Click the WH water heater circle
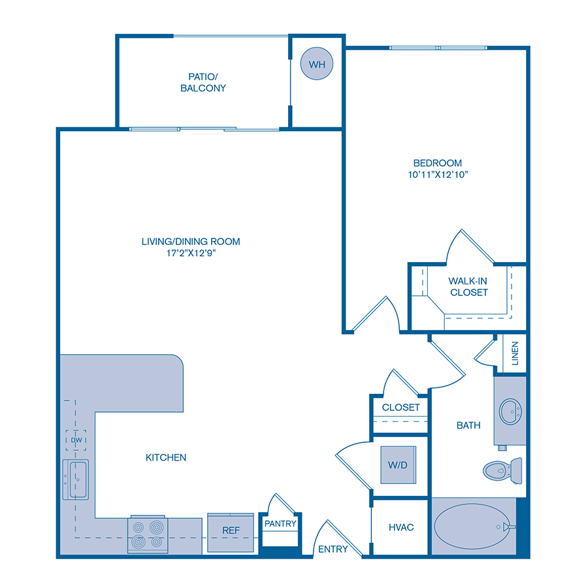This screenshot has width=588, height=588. click(x=316, y=64)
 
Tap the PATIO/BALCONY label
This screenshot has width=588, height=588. click(x=203, y=82)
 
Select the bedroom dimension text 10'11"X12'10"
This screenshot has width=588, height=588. click(x=437, y=174)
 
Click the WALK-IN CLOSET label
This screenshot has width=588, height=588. click(x=468, y=286)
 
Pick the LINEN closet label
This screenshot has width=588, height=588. click(x=515, y=353)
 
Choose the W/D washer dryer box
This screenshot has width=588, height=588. click(x=397, y=465)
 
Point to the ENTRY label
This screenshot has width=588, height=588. click(x=333, y=549)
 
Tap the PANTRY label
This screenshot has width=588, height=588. click(x=280, y=523)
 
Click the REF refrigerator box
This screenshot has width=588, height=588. click(x=230, y=530)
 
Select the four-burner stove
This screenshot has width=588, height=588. click(x=148, y=534)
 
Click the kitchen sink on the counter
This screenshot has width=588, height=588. click(x=76, y=479)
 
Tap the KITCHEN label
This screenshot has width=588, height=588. click(x=166, y=457)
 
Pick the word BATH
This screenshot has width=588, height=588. click(x=468, y=425)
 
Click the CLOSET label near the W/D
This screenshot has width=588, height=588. click(x=400, y=407)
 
